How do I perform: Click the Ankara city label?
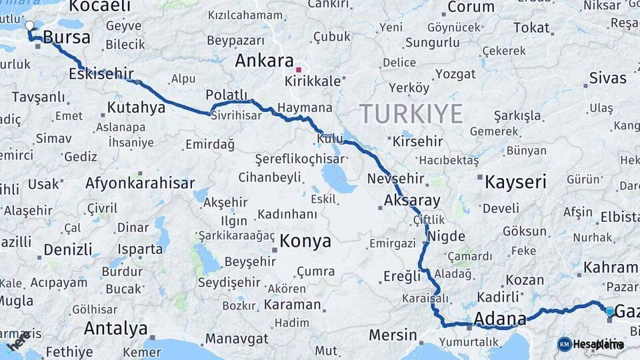click(x=264, y=61)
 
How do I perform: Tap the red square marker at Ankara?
click(x=299, y=69)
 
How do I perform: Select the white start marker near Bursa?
click(x=29, y=27)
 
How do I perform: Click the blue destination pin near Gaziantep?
click(x=609, y=311)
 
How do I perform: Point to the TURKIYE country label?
click(x=411, y=114)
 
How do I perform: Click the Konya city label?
click(x=305, y=241)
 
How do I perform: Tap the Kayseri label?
click(x=515, y=182)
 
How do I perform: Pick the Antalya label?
click(x=115, y=328)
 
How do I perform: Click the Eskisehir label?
click(x=101, y=74)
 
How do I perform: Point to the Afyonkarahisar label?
click(x=140, y=183)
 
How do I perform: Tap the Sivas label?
click(x=607, y=79)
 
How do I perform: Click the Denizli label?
click(x=68, y=249)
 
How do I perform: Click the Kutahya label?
click(x=135, y=107)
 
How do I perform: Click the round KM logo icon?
click(x=565, y=344)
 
